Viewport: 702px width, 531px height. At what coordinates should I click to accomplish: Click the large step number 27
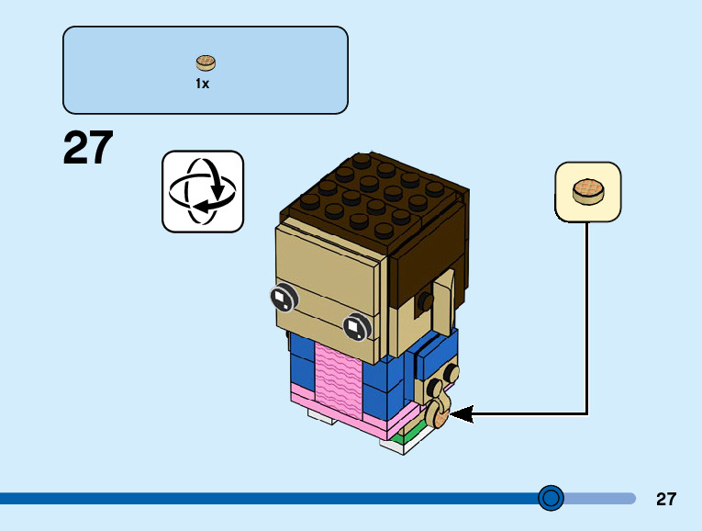tap(88, 148)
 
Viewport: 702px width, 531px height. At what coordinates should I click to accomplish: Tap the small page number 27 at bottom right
tap(666, 500)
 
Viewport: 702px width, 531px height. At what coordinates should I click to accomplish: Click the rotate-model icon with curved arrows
tap(203, 191)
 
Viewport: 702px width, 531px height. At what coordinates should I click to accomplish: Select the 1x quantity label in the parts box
tap(202, 84)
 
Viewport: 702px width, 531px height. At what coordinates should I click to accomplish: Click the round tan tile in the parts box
tap(206, 63)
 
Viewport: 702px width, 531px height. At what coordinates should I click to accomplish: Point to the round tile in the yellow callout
tap(587, 192)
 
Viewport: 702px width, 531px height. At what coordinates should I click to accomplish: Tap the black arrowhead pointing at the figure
tap(462, 414)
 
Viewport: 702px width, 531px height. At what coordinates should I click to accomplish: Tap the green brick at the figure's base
tap(397, 439)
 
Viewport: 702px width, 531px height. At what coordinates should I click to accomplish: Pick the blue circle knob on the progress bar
tap(551, 498)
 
